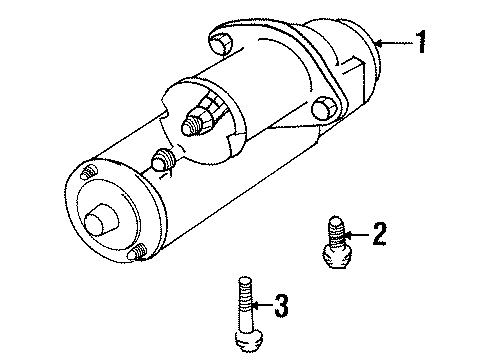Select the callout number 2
point(378,234)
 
